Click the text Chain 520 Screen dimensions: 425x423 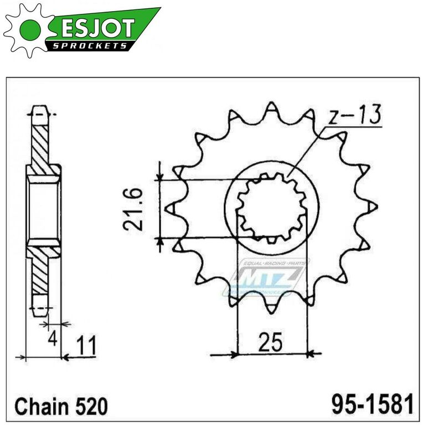(61, 407)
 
